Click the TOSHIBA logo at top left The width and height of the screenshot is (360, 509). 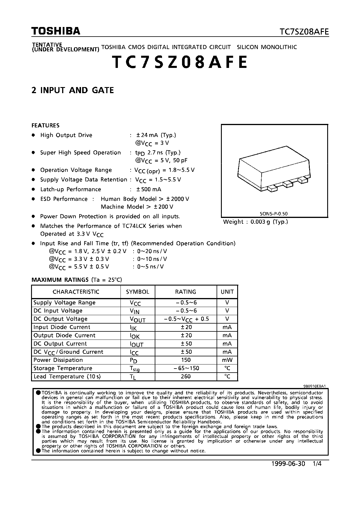pos(56,31)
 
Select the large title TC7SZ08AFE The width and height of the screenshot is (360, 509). pos(180,62)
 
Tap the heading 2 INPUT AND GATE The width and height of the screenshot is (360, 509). pos(73,90)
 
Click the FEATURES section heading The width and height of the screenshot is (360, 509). pos(46,125)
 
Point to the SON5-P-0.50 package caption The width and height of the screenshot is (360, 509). pos(273,214)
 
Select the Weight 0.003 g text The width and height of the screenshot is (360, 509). pos(255,222)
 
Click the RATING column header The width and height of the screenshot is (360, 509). pos(186,292)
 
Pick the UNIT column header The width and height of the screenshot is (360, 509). pos(227,292)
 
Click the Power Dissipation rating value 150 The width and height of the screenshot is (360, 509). pos(186,360)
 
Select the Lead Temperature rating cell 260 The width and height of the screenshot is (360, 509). pos(186,376)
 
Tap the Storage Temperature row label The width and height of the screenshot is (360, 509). pos(63,368)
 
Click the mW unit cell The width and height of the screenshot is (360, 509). pos(227,360)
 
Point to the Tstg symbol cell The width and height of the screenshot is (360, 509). pos(135,369)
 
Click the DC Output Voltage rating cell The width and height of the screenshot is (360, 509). pos(186,319)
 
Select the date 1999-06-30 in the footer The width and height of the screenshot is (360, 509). pos(288,464)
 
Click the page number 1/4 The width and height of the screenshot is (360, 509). pos(317,464)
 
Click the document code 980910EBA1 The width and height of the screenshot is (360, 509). pos(314,386)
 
